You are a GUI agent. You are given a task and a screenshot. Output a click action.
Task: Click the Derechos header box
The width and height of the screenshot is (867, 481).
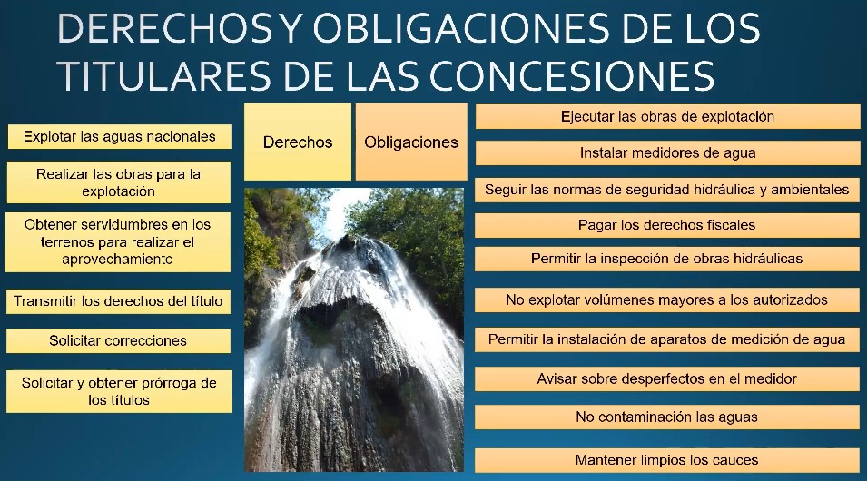point(298,142)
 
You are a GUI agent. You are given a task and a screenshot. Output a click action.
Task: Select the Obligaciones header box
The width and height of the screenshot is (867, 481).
point(411,142)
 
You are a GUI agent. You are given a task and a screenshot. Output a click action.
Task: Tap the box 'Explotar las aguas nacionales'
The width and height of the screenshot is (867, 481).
point(120,136)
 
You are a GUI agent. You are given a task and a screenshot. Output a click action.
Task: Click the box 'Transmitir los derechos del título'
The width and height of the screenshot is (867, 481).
point(118,301)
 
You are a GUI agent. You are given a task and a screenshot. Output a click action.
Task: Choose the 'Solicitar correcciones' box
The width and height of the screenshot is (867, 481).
point(118,340)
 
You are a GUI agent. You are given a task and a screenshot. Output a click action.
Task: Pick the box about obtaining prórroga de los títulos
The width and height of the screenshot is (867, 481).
point(119,391)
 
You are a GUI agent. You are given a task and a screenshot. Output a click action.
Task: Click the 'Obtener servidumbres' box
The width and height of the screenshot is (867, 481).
point(118,242)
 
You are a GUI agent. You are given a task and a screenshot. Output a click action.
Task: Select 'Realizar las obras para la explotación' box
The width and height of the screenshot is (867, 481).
point(118,182)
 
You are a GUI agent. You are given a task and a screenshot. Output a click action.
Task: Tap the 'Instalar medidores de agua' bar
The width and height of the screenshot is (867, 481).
point(667,153)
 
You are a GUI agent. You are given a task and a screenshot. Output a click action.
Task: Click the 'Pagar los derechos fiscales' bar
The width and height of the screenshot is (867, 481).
point(667,225)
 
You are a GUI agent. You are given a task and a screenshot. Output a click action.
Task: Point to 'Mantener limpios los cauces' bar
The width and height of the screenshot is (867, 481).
point(667,460)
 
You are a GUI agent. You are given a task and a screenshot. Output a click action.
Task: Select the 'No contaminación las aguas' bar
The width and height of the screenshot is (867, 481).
point(667,417)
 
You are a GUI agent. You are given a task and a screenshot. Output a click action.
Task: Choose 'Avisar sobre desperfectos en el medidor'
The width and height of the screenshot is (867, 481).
point(667,378)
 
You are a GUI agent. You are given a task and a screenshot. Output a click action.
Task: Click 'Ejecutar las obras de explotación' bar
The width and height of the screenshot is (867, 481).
point(667,117)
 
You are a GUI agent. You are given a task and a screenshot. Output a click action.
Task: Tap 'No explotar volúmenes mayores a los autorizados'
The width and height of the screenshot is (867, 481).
point(667,299)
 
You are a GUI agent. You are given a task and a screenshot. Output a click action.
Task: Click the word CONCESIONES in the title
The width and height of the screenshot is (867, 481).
point(572,75)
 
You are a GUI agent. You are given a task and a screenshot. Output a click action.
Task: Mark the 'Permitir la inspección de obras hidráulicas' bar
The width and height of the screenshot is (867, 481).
point(667,258)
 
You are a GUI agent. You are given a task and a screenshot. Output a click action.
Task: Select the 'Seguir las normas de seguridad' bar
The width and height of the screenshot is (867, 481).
point(667,190)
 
